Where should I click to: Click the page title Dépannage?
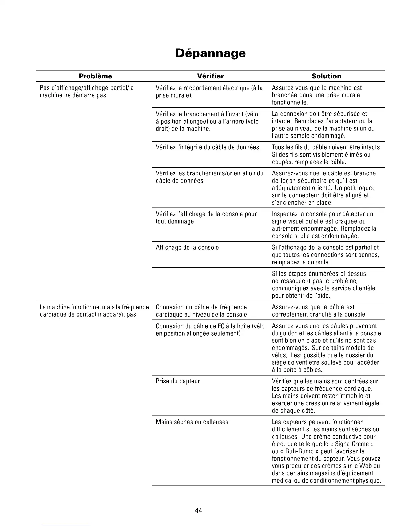coord(210,53)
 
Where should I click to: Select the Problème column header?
coord(95,76)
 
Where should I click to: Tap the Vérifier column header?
coord(210,76)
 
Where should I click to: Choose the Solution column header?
coord(326,76)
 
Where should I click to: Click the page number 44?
coord(199,510)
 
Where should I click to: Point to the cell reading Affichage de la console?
coord(187,247)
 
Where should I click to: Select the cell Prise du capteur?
coord(178,381)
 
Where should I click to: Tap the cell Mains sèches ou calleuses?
coord(192,422)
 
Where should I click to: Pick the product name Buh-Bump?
coord(300,451)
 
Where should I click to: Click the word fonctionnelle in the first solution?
coord(290,102)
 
